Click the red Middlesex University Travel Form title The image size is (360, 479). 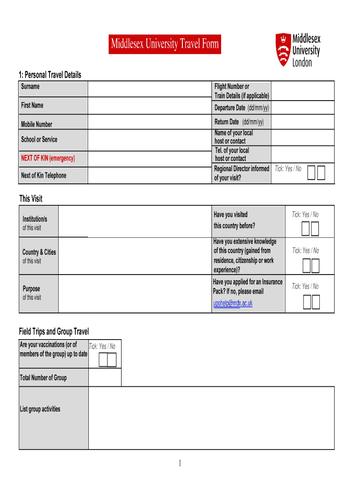165,44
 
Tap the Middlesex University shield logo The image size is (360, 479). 282,49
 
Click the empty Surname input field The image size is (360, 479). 150,88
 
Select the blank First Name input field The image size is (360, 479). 150,106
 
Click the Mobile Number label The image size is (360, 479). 36,124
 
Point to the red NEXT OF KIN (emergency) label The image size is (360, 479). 48,158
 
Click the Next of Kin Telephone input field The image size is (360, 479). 150,175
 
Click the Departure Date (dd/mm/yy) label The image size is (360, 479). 241,108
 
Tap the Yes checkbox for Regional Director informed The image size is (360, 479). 312,173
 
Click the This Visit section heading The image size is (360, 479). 31,199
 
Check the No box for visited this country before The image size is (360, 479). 314,229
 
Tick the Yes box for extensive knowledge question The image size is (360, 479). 307,265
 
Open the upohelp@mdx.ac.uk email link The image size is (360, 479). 232,303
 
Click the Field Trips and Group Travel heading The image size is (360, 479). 54,332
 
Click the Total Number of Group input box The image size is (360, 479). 105,377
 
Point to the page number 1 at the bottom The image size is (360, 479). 180,463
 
